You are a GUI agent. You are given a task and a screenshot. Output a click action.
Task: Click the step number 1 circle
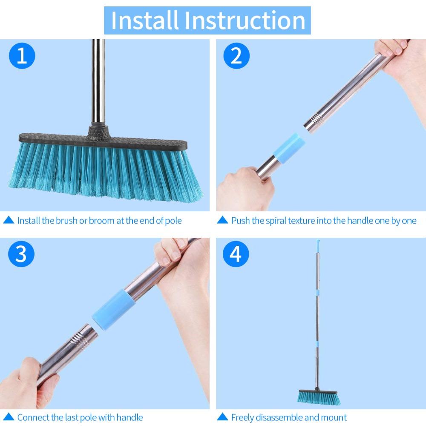tap(21, 56)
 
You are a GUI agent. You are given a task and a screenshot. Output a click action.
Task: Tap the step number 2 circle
tap(236, 56)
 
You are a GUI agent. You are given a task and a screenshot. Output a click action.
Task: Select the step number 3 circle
tap(21, 254)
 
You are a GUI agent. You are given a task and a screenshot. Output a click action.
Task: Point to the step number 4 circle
tap(236, 254)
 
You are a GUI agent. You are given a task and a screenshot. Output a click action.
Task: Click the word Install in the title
tap(144, 20)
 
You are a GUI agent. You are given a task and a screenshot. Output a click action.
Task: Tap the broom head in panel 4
tap(319, 397)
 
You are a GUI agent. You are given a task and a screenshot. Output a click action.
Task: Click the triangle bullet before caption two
tap(222, 221)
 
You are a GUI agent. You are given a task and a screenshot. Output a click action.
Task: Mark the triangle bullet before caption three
tap(8, 417)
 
